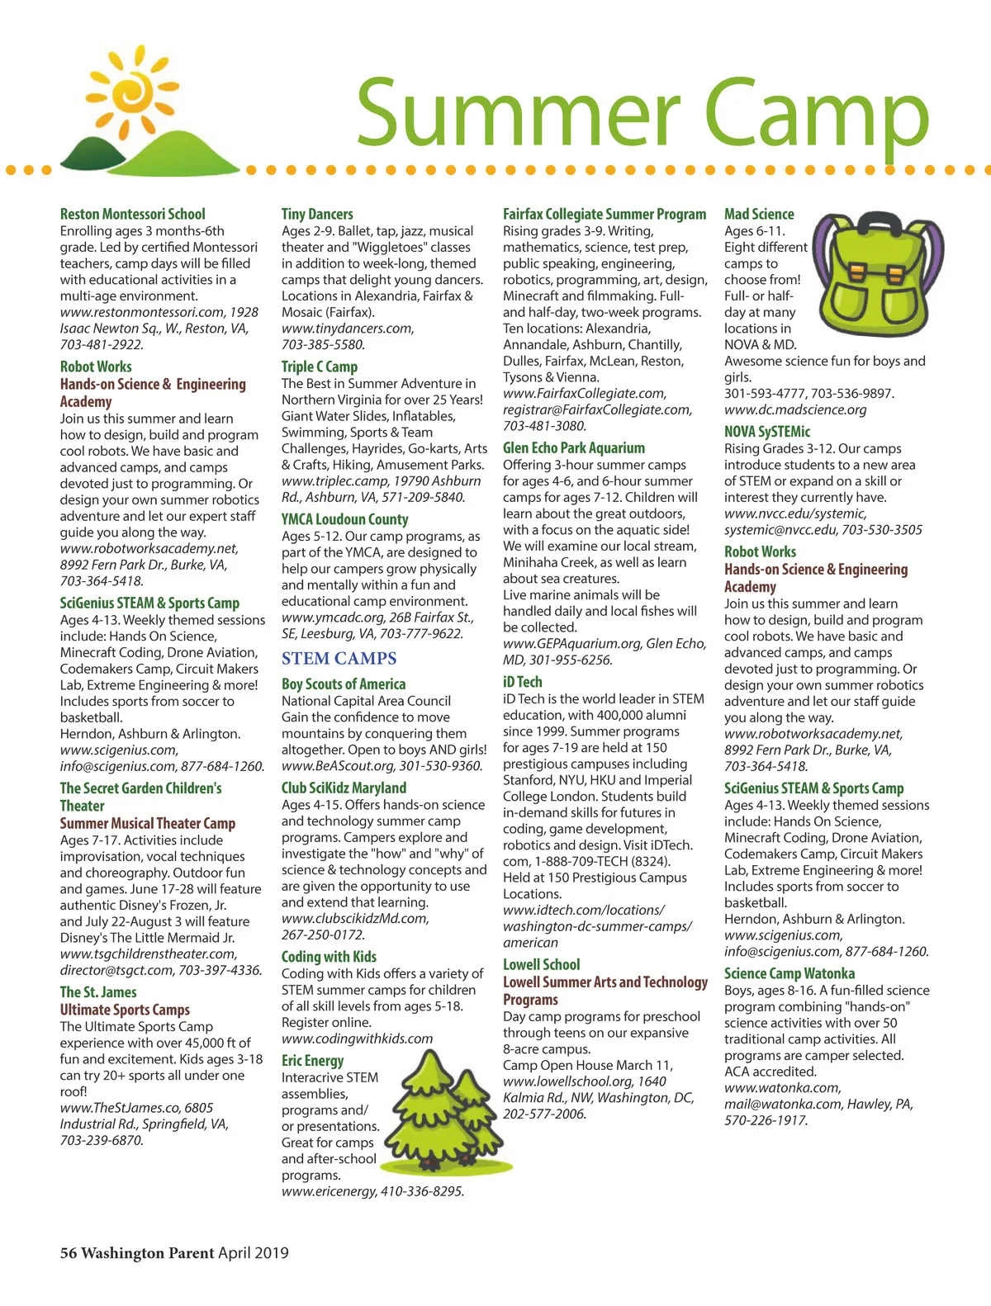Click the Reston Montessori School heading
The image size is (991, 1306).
[x=132, y=214]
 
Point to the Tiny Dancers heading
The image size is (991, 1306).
[x=317, y=214]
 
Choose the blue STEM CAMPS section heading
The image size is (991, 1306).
[x=339, y=658]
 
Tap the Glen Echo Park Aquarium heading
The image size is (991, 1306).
[x=574, y=447]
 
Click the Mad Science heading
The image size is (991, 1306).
[x=759, y=214]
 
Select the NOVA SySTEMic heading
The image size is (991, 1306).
[x=767, y=431]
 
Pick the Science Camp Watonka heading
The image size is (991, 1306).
[x=789, y=973]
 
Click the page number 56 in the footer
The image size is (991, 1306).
[x=69, y=1252]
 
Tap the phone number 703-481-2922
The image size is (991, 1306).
[x=102, y=344]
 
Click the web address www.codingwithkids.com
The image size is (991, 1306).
[x=357, y=1039]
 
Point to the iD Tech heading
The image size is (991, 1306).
[x=523, y=682]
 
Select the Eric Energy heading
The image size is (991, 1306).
[x=312, y=1061]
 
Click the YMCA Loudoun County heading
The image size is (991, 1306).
[x=344, y=519]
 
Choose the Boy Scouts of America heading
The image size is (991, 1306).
[x=344, y=684]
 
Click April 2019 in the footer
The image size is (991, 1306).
[x=254, y=1252]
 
